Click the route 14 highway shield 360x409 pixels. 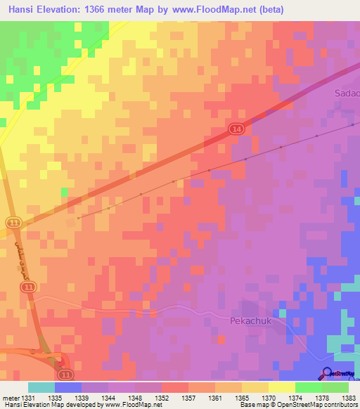[236, 129]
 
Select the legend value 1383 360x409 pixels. [348, 398]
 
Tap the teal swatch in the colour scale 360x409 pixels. [41, 387]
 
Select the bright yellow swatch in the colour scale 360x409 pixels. [281, 387]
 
